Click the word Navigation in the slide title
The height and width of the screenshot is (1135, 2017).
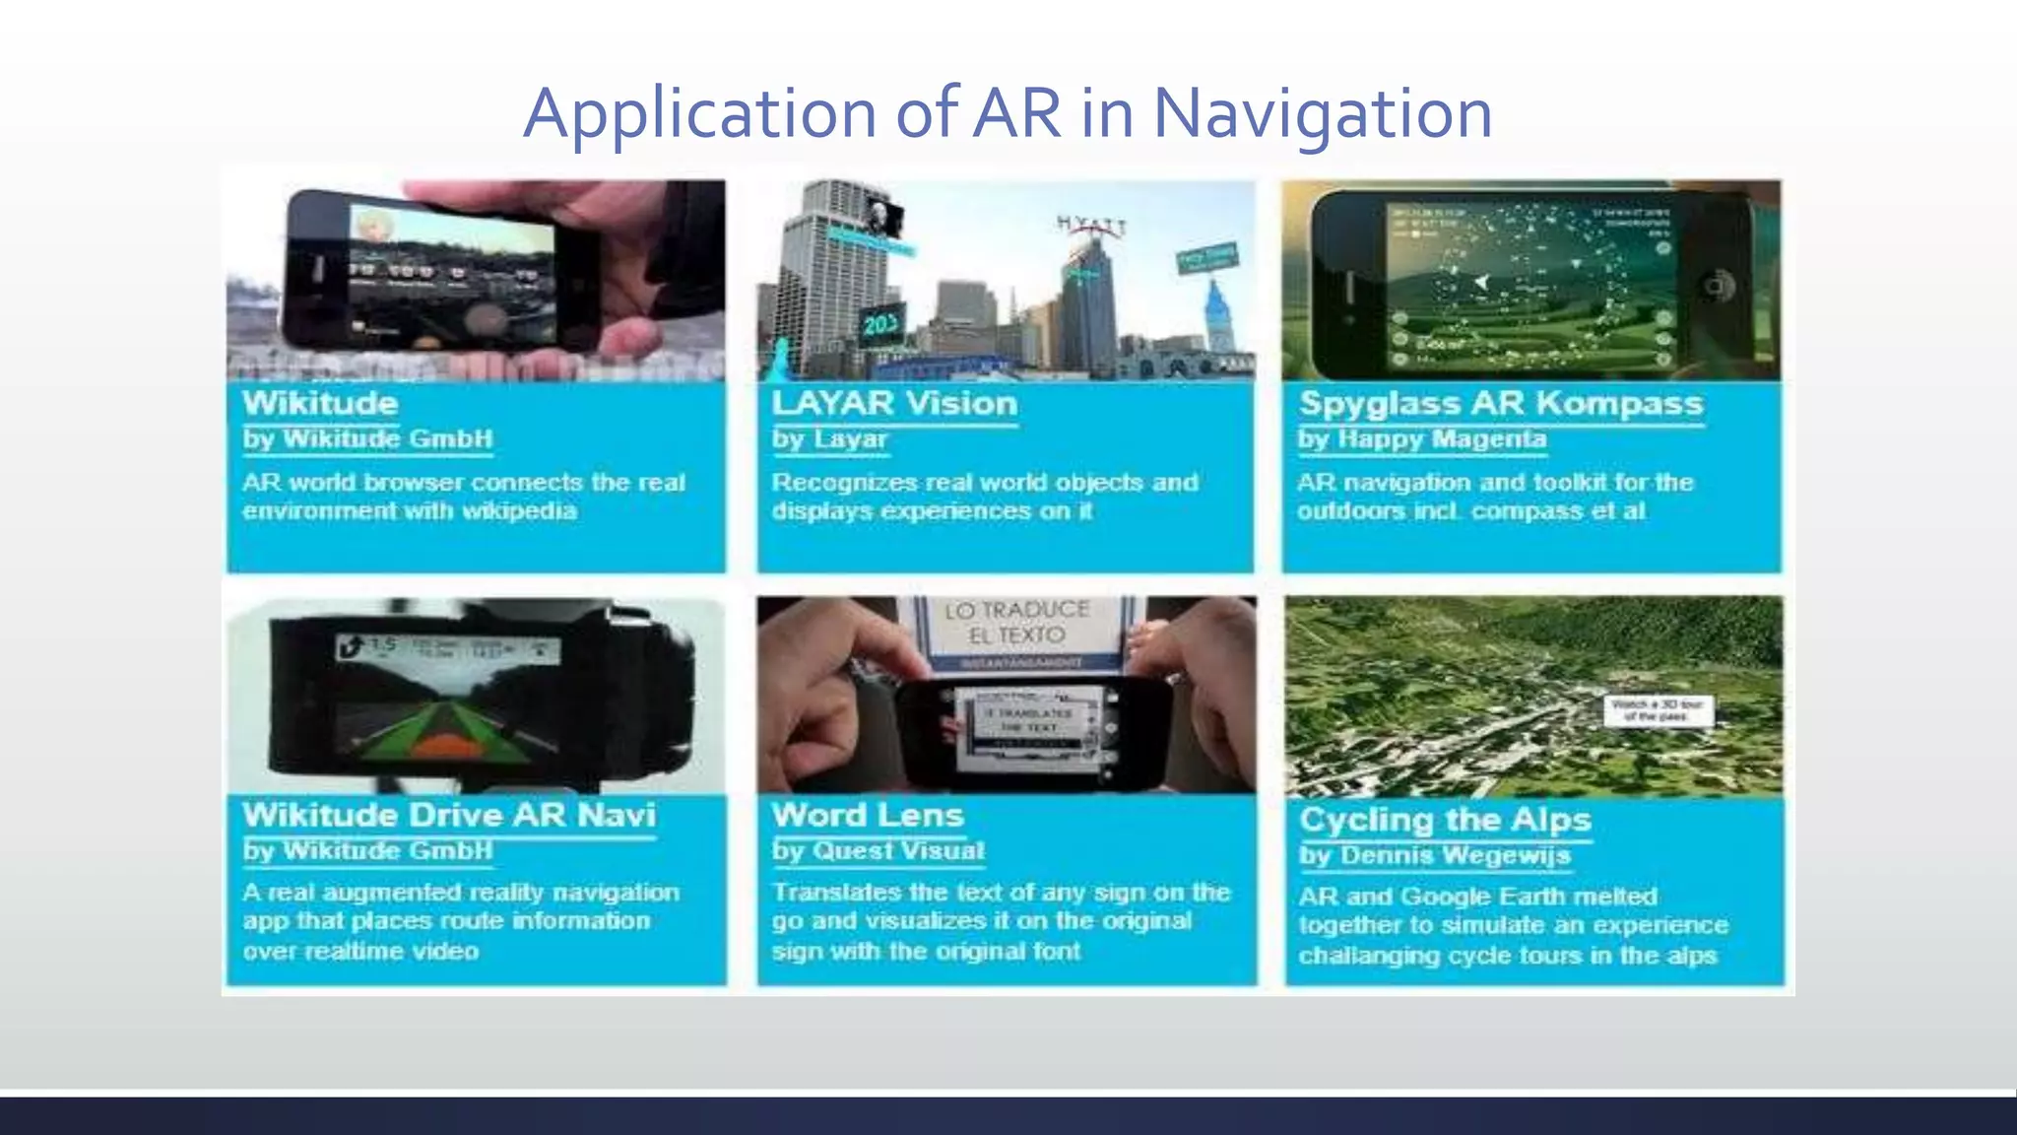[x=1322, y=114]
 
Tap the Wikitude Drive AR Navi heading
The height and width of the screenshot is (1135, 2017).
[x=449, y=816]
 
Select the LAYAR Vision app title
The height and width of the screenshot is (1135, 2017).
[x=894, y=404]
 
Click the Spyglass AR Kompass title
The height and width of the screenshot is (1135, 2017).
[x=1501, y=404]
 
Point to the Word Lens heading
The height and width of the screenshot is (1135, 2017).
[x=868, y=816]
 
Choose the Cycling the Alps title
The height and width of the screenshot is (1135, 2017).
[x=1445, y=820]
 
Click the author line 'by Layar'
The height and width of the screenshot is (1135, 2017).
[x=830, y=439]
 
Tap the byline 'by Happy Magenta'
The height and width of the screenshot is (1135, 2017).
[x=1422, y=439]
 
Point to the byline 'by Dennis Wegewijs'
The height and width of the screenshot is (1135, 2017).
[x=1434, y=855]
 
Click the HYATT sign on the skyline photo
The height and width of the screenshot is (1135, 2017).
[x=1090, y=226]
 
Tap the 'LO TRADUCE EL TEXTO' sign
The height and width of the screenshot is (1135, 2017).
[x=1016, y=624]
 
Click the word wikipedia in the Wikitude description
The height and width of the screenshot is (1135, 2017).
[x=519, y=511]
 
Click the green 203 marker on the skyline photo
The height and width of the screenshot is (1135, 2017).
[x=878, y=324]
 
